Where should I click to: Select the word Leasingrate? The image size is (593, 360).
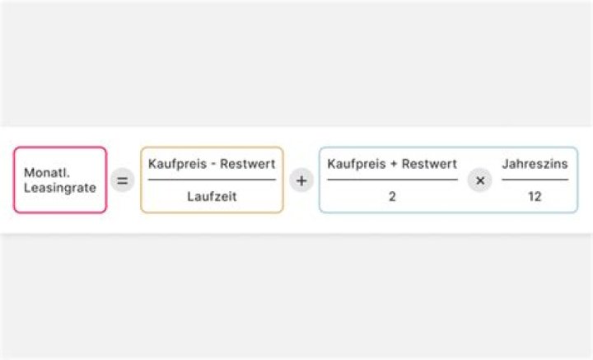click(60, 188)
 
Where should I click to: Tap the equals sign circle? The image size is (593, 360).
click(123, 180)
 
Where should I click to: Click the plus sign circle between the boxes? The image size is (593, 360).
click(301, 180)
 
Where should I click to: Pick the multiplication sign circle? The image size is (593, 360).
click(479, 180)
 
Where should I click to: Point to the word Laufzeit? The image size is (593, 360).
click(212, 197)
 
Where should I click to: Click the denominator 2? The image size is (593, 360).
click(392, 197)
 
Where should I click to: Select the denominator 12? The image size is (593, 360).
click(535, 197)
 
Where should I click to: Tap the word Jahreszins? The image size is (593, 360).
click(535, 164)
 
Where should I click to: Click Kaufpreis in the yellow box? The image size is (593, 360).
click(175, 164)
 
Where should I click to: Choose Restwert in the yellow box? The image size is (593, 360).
click(250, 164)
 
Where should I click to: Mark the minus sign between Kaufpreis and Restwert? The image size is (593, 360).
click(212, 165)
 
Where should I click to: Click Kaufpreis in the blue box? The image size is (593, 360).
click(354, 164)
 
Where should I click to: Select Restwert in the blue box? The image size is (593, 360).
click(429, 164)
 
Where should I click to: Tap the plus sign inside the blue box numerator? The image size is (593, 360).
click(392, 165)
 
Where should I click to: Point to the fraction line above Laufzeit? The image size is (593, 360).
click(212, 180)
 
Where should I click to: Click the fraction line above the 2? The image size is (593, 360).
click(392, 180)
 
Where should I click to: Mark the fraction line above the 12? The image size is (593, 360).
click(535, 180)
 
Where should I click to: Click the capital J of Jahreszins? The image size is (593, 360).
click(505, 164)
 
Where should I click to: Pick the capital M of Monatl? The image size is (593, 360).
click(29, 173)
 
